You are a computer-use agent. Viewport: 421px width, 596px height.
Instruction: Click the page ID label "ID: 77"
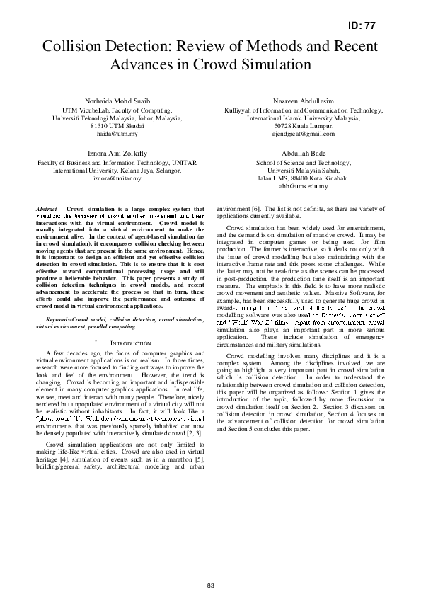point(363,25)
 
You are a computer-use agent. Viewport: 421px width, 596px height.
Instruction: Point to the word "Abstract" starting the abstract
point(46,210)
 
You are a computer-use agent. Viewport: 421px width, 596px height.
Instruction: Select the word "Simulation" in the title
point(276,64)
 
